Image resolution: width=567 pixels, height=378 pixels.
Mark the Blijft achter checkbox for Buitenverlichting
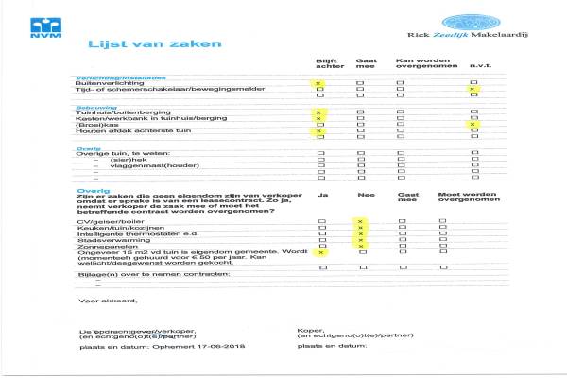point(319,83)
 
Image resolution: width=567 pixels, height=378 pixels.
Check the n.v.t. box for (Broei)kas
point(473,125)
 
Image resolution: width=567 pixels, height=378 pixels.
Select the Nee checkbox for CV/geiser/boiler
point(360,221)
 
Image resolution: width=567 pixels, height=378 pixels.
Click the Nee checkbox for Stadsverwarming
point(360,239)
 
